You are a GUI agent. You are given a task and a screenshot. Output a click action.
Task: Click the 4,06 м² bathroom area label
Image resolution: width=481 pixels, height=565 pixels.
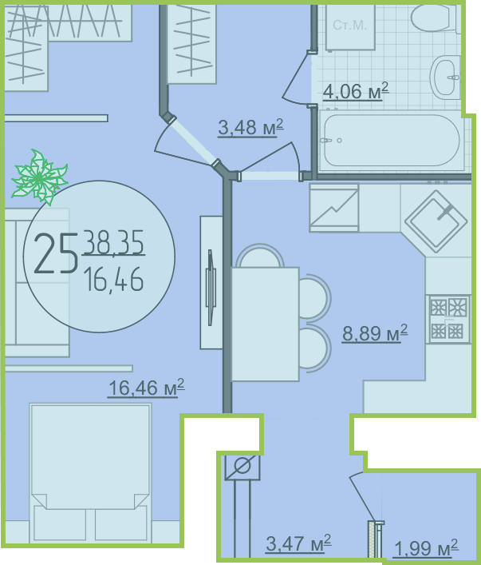point(356,91)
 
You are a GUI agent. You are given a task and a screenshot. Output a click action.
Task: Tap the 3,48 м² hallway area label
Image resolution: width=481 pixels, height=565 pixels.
point(250,128)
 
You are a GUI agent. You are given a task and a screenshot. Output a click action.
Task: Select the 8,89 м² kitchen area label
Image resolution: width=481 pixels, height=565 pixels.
point(375,332)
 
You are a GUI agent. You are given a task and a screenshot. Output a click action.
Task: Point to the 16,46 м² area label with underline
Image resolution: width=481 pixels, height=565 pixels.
point(146,388)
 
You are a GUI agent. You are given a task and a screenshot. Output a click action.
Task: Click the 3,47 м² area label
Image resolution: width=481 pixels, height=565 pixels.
point(298,543)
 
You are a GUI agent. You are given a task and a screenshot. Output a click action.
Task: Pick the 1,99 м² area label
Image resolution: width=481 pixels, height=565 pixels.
point(426,548)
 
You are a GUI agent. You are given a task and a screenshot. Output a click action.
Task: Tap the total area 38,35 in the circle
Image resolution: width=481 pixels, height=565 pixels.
point(114,242)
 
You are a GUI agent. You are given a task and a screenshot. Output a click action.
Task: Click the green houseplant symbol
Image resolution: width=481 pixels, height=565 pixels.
point(39,177)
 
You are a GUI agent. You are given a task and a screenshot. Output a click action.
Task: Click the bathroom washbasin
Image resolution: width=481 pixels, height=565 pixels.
point(445,77)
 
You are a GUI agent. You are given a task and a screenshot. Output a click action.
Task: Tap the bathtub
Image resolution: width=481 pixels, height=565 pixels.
point(391,141)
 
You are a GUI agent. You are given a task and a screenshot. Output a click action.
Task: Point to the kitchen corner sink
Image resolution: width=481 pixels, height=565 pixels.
point(436,221)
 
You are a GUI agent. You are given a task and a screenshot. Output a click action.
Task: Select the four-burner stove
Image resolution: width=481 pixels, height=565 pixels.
point(448,319)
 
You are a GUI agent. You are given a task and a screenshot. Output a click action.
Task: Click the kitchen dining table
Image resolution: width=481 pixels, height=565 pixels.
point(265,324)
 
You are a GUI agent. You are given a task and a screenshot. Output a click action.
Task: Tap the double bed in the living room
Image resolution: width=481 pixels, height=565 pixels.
point(90,472)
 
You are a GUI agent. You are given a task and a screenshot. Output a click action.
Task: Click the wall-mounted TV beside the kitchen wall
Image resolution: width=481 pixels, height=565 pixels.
point(211,282)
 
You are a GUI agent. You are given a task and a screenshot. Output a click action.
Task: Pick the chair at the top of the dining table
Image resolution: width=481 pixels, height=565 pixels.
point(259,256)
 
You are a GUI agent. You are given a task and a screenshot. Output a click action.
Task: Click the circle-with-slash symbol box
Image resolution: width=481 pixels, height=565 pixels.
point(242,468)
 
